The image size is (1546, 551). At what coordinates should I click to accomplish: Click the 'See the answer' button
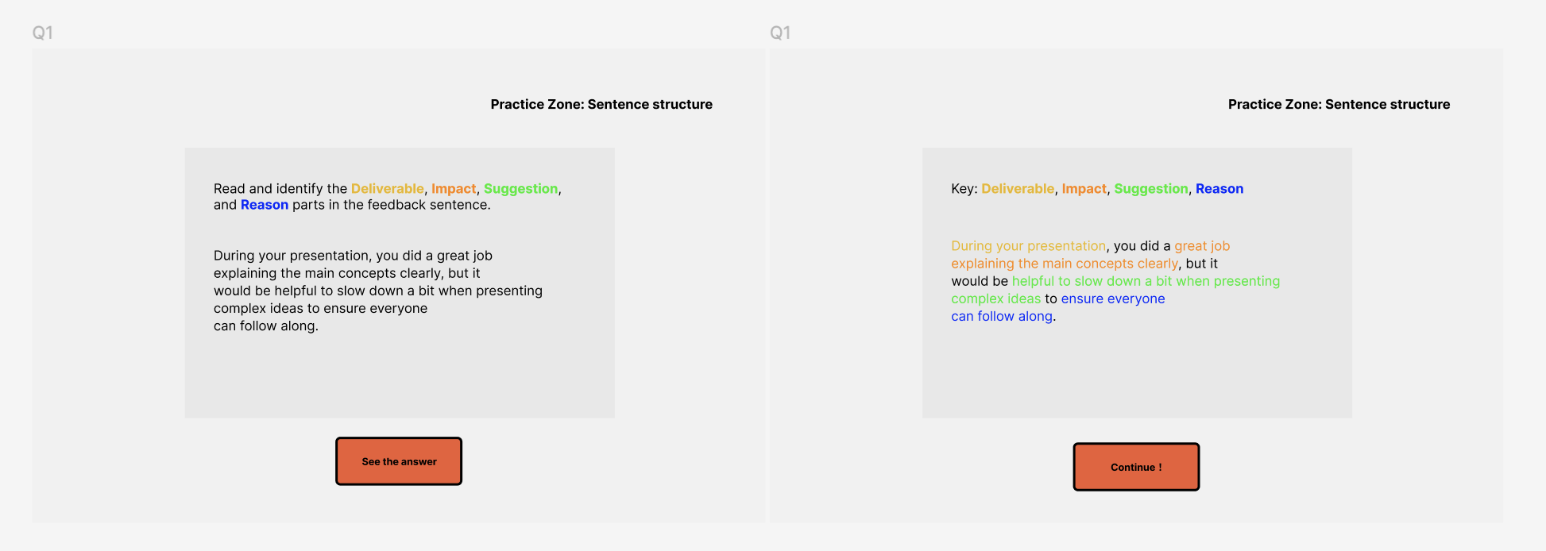[x=399, y=461]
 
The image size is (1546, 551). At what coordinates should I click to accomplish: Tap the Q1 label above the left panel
[x=42, y=33]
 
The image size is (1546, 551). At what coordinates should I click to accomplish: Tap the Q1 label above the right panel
[x=780, y=33]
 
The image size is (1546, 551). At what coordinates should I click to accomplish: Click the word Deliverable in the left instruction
[x=388, y=188]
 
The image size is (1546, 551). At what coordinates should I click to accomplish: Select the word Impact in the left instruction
[x=454, y=188]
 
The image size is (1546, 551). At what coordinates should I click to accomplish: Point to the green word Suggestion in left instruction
[x=520, y=188]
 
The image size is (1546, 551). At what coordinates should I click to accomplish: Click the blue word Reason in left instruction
[x=265, y=205]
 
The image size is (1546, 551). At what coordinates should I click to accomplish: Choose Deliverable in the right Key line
[x=1018, y=188]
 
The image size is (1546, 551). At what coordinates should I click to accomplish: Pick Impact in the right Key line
[x=1084, y=188]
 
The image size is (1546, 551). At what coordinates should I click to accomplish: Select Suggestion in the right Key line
[x=1151, y=188]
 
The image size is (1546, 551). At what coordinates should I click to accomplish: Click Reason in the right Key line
[x=1219, y=188]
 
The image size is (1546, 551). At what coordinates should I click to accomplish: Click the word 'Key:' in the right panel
[x=964, y=189]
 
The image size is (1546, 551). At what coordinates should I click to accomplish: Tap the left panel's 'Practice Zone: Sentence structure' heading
[x=601, y=104]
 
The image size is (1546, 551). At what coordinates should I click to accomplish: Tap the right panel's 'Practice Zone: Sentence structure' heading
[x=1339, y=104]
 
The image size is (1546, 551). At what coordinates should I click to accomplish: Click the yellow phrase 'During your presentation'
[x=1028, y=246]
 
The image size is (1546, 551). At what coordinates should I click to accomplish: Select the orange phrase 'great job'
[x=1202, y=246]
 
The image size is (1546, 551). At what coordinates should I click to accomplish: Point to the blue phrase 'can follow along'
[x=1002, y=316]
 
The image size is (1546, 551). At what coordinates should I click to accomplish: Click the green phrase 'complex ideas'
[x=995, y=299]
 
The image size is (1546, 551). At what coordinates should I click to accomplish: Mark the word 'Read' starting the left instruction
[x=229, y=189]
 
